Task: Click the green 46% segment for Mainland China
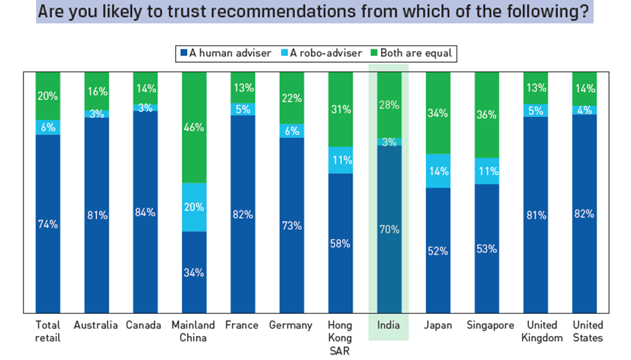coord(195,127)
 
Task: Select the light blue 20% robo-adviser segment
coord(195,207)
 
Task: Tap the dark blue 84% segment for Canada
coord(146,212)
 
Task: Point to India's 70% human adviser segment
coord(390,228)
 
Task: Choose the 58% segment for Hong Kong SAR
coord(341,242)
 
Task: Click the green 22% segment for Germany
coord(292,98)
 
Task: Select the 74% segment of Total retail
coord(48,223)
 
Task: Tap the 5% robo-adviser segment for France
coord(243,109)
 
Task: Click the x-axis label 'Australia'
coord(97,325)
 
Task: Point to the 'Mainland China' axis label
coord(195,331)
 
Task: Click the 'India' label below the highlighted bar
coord(390,325)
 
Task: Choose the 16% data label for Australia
coord(97,91)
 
